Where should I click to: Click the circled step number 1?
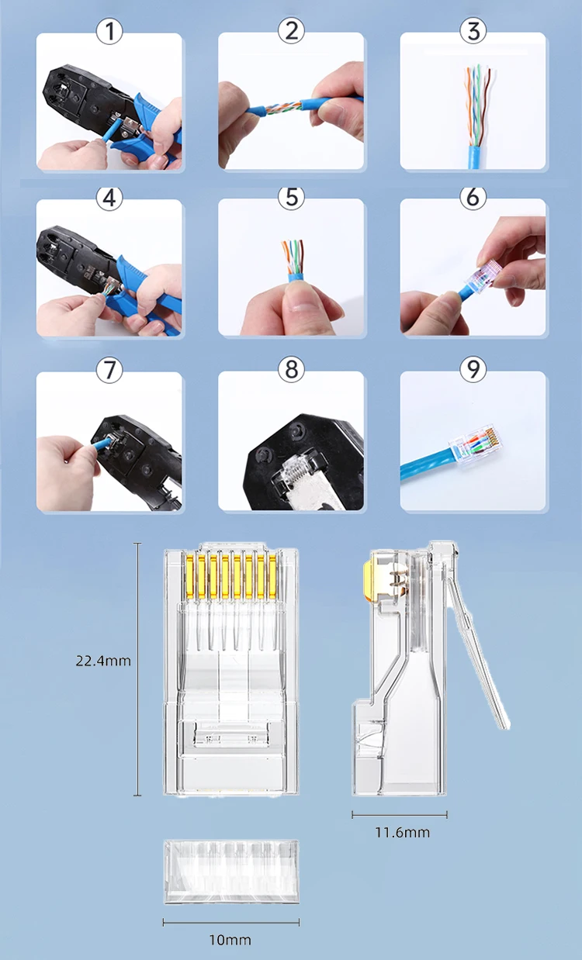[109, 31]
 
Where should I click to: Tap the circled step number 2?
[291, 31]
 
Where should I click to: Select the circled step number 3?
[473, 31]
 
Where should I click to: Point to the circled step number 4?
[109, 198]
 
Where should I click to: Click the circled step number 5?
[291, 198]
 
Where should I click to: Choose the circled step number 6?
[473, 198]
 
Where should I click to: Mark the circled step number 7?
[109, 370]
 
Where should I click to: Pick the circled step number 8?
[291, 369]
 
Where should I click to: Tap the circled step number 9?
[473, 369]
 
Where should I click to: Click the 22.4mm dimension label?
[103, 661]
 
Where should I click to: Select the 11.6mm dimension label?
[402, 832]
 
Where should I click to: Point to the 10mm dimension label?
[230, 940]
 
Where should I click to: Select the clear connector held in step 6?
[483, 278]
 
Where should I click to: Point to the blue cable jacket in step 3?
[474, 157]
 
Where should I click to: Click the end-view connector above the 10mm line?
[231, 872]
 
